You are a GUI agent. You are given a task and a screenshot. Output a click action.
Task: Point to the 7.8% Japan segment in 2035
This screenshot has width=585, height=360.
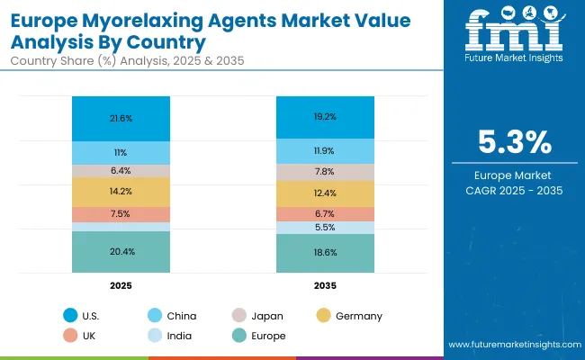[325, 172]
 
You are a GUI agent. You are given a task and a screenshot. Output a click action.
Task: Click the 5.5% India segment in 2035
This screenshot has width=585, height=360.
[325, 229]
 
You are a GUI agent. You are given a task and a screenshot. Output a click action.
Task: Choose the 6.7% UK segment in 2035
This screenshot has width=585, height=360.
[325, 214]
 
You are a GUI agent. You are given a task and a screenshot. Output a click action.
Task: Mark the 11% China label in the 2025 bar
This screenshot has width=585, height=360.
[120, 153]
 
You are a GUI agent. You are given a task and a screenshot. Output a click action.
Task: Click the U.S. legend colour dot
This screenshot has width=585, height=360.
[70, 316]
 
